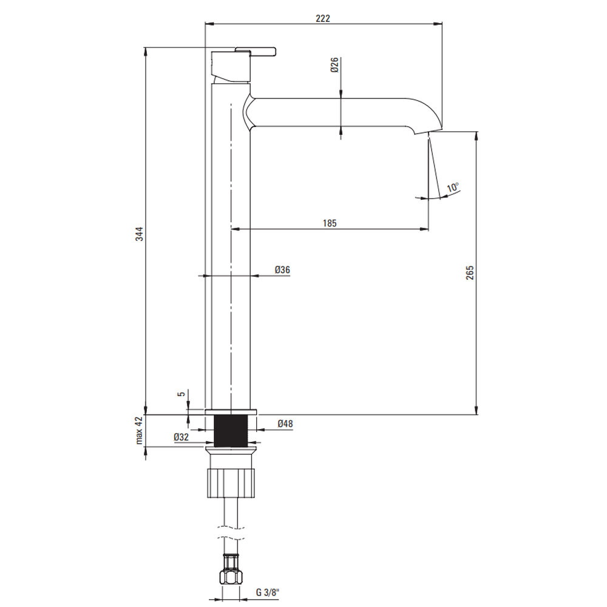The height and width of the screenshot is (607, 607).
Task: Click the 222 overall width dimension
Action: (323, 18)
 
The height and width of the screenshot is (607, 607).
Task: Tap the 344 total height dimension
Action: (139, 234)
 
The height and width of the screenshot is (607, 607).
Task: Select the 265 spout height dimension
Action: (470, 273)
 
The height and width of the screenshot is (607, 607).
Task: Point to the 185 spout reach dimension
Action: (330, 223)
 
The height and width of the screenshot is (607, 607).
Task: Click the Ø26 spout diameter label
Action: (334, 65)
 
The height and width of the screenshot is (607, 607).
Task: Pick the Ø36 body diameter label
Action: (282, 270)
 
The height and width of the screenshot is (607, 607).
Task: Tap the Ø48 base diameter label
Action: (285, 424)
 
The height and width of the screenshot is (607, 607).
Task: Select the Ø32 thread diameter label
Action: (181, 437)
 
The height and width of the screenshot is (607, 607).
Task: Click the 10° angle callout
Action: (453, 188)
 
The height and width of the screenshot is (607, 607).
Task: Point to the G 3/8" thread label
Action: (268, 592)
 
